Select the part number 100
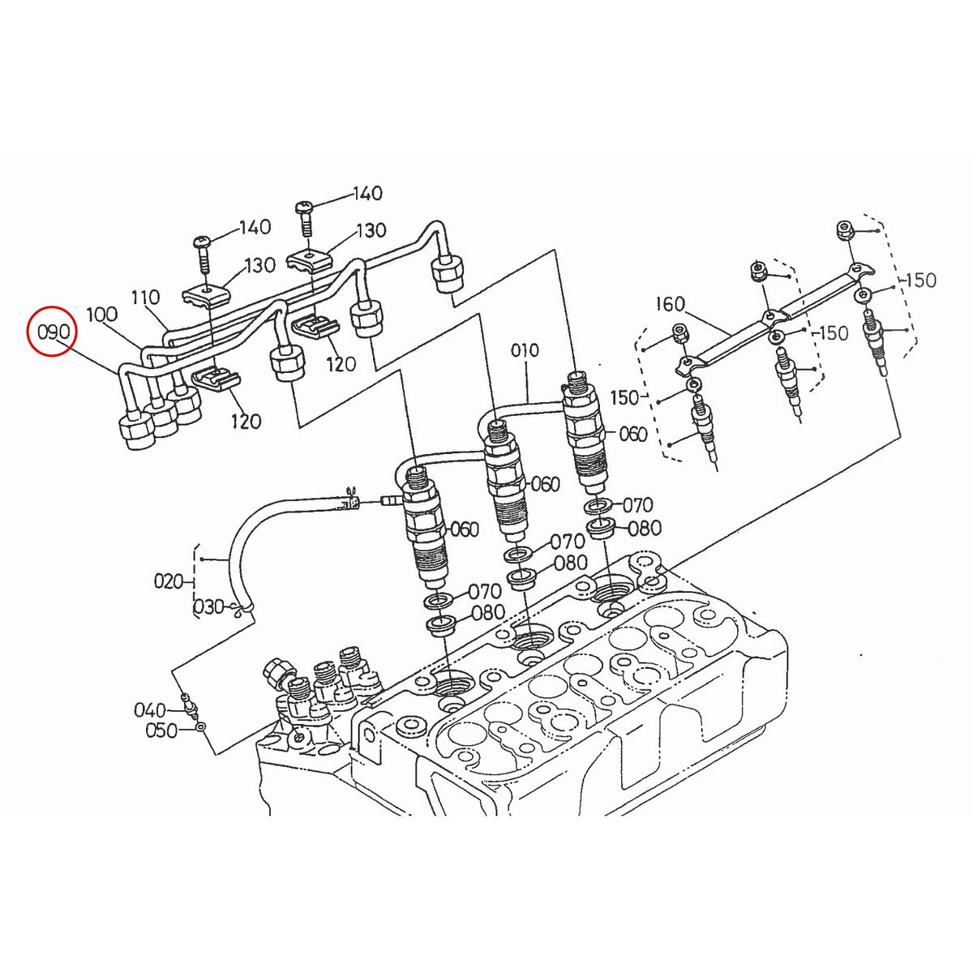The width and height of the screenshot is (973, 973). (101, 315)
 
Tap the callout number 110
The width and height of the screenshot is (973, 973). (146, 298)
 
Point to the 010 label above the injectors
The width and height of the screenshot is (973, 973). (525, 350)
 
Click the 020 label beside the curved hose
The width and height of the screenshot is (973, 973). (168, 581)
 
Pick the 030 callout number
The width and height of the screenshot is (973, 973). (208, 607)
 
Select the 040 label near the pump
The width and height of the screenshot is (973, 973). (150, 711)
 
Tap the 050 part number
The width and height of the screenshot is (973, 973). (161, 731)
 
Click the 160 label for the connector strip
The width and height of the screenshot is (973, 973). (670, 305)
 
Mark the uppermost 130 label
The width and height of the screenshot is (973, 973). (371, 231)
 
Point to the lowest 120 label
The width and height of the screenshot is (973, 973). (246, 421)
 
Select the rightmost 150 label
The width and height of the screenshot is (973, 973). (919, 281)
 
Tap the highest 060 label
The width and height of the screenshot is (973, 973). (632, 435)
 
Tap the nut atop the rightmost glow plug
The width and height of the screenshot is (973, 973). (843, 231)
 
